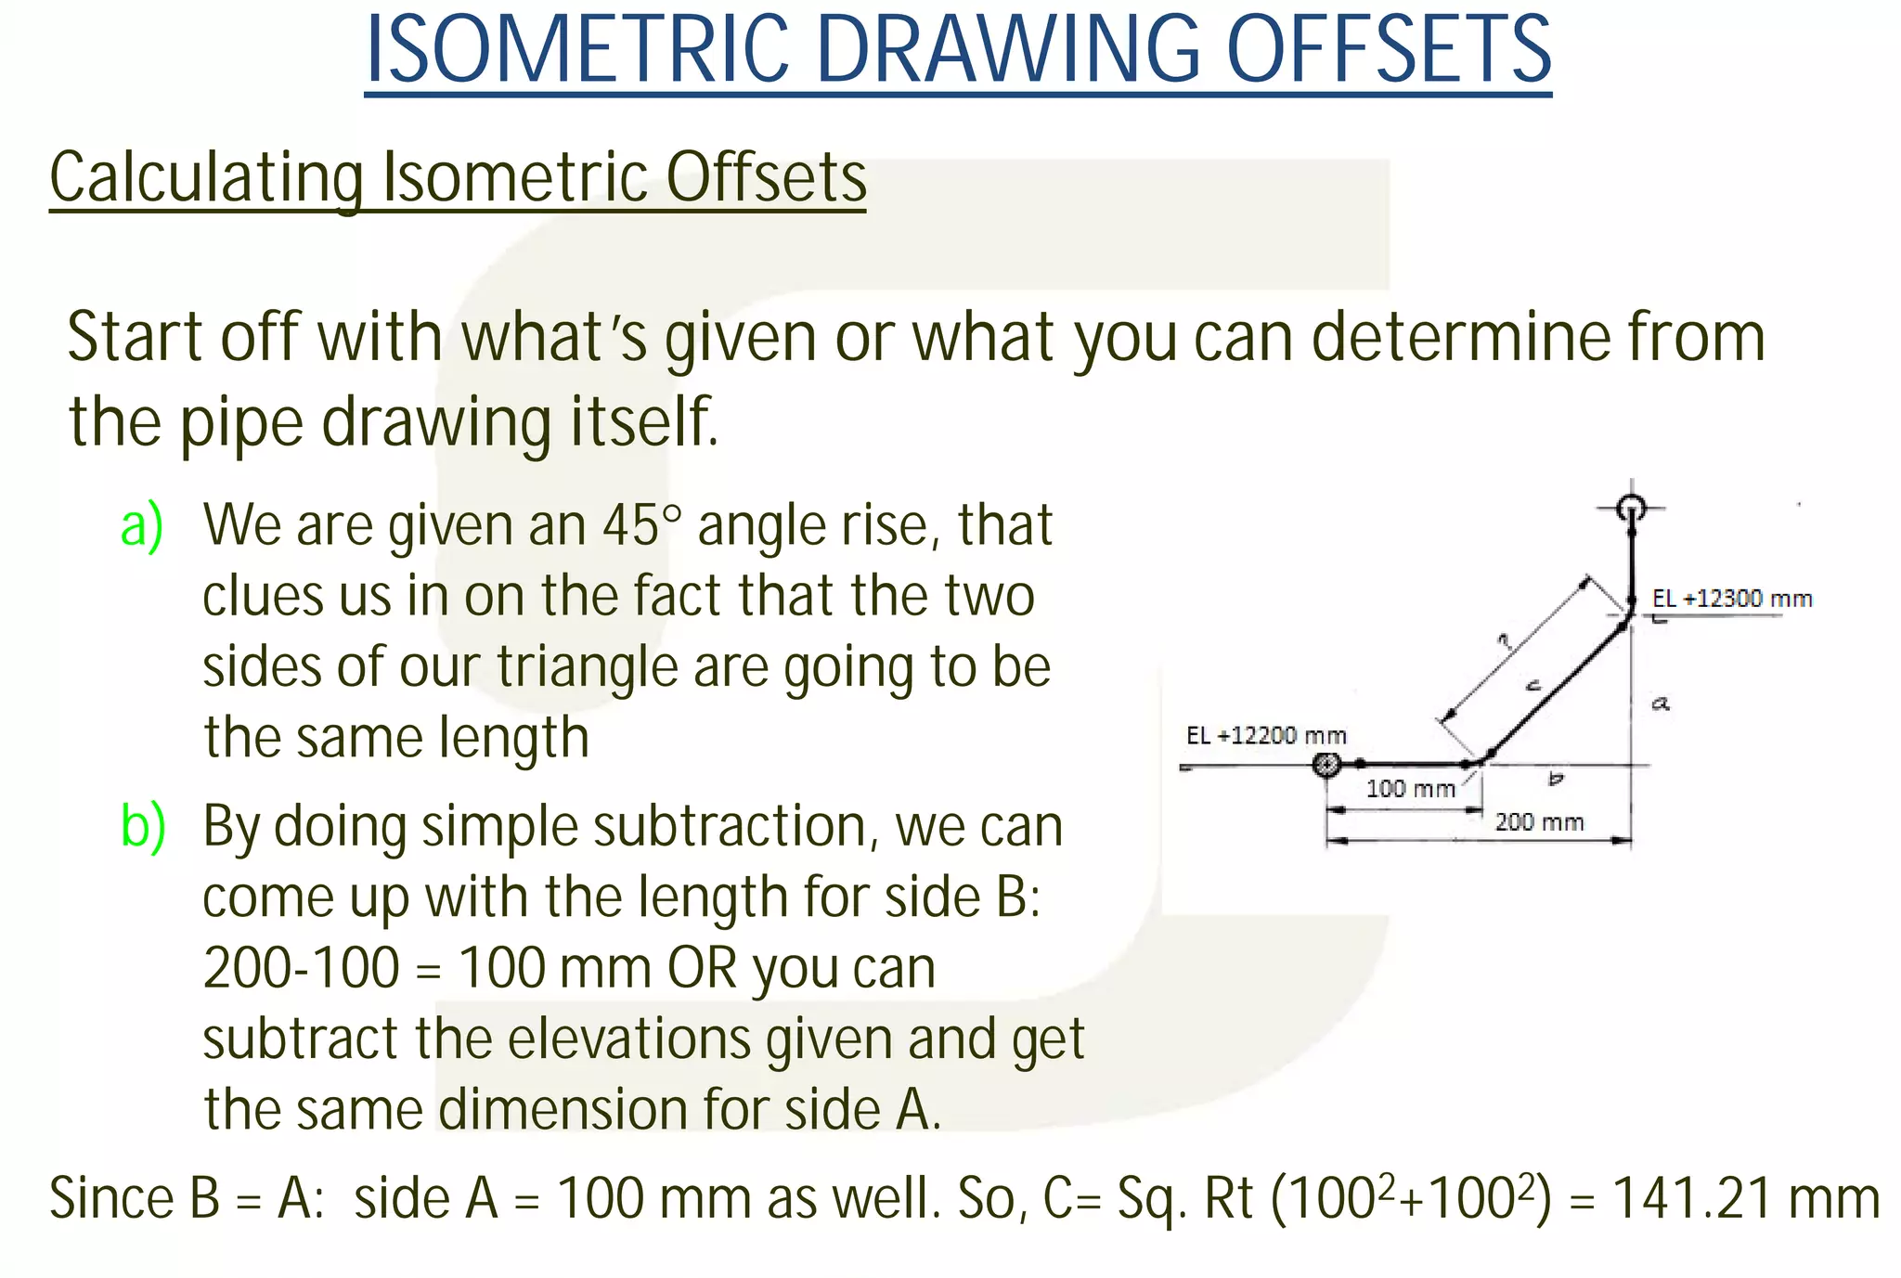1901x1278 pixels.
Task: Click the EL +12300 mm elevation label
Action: [1731, 599]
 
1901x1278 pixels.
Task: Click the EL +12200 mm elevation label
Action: [1266, 736]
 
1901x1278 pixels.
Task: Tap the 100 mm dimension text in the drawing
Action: [1410, 789]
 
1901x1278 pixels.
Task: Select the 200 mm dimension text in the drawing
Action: [1539, 821]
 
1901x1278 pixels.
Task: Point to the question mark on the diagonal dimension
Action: [1505, 640]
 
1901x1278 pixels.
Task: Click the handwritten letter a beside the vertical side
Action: [1661, 704]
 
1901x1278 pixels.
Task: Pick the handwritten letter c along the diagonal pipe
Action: [1533, 686]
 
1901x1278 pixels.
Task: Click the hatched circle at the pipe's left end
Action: [1326, 765]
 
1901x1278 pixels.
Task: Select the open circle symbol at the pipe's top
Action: [1631, 508]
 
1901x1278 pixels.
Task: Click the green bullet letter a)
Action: [142, 525]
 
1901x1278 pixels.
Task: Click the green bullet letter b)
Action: [143, 826]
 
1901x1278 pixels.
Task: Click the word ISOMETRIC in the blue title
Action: [576, 50]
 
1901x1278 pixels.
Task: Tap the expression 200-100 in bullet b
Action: [302, 968]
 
